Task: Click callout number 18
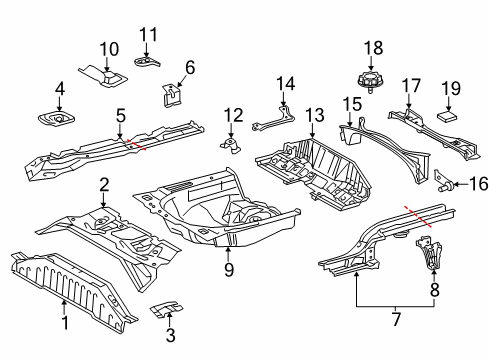373,48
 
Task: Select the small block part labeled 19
447,117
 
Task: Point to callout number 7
396,319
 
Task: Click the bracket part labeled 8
429,252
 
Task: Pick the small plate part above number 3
166,309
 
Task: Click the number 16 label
479,184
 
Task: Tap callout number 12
233,115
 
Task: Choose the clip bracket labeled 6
172,95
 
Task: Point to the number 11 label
148,35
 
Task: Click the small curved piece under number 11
147,62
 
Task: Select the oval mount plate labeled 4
56,119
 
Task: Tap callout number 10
109,49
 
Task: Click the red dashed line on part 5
136,145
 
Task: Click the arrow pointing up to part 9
228,254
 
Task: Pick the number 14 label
286,83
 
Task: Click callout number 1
65,323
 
